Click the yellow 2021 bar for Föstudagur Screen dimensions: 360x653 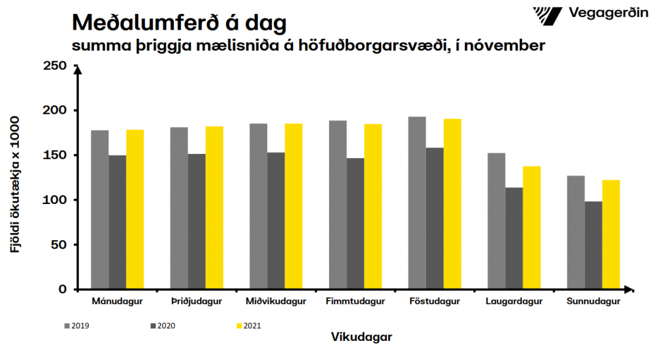point(452,204)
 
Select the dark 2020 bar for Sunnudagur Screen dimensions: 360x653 point(593,245)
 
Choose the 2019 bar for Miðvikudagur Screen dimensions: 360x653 point(259,206)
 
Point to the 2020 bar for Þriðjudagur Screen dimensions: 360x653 point(197,221)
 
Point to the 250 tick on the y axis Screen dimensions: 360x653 point(54,66)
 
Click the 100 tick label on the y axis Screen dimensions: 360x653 point(54,200)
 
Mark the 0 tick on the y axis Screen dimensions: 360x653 point(63,290)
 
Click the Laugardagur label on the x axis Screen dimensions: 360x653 point(513,302)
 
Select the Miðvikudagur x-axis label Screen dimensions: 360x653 point(276,302)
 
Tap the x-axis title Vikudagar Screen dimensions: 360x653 point(361,336)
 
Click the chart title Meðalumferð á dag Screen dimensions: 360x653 point(179,22)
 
